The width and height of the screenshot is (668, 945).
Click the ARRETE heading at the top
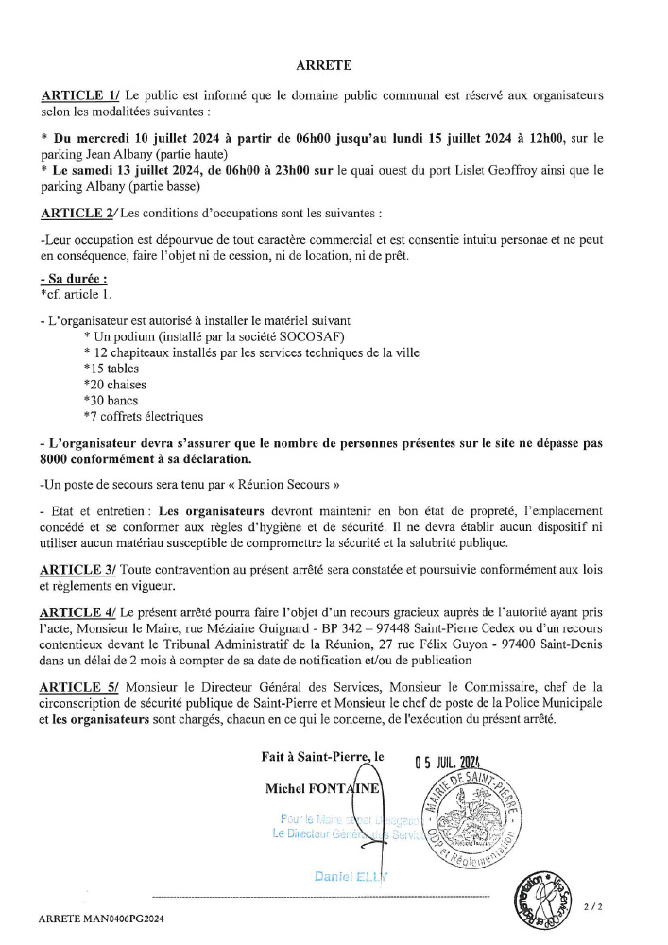pyautogui.click(x=323, y=65)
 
